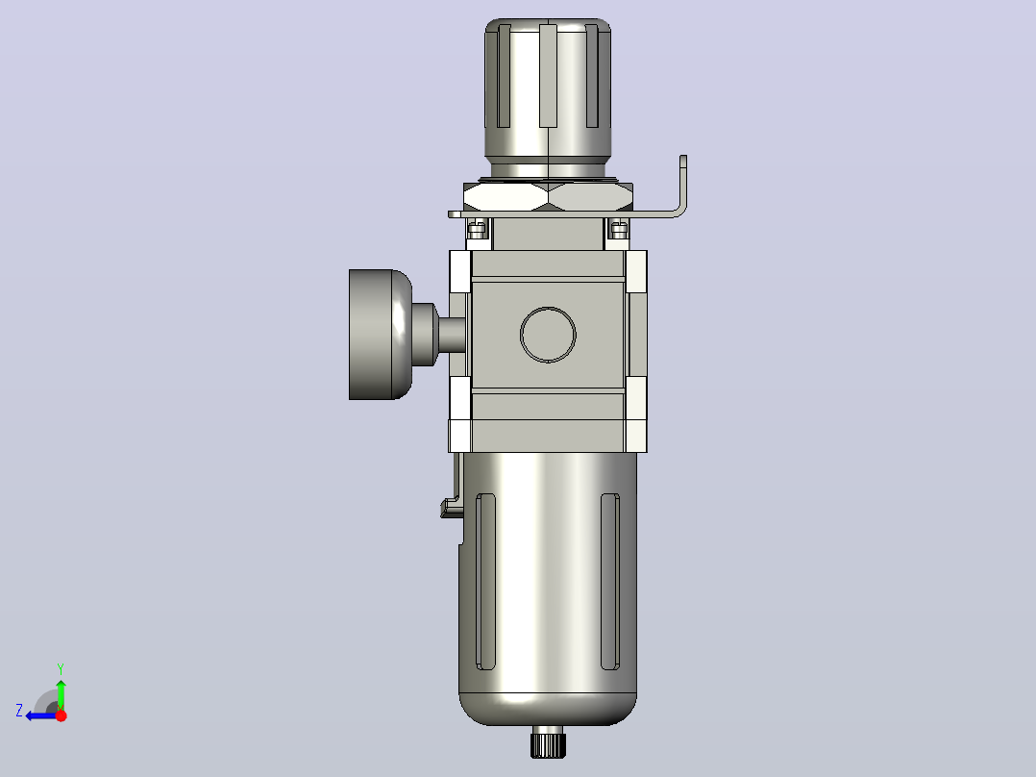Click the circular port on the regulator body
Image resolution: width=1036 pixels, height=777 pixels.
pos(548,335)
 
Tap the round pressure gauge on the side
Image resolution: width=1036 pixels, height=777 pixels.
pos(381,335)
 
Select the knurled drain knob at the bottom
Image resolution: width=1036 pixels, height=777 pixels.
pos(549,741)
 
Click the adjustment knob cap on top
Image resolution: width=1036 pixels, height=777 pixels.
pos(548,91)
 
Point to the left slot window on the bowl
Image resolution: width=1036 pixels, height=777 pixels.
pos(485,581)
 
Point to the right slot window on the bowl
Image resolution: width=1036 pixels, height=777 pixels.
pos(610,581)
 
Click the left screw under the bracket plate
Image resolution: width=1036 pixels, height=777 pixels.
pos(477,230)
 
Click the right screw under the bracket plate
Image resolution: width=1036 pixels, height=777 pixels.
pos(619,230)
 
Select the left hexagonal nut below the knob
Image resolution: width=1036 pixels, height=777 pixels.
pos(506,196)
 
